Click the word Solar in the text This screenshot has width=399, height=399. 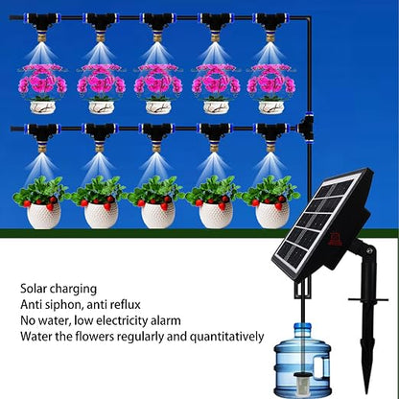point(34,289)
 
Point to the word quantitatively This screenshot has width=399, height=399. point(227,337)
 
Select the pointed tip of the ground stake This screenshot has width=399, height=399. point(366,391)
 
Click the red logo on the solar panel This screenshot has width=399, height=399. point(337,239)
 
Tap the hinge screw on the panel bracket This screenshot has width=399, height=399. point(369,251)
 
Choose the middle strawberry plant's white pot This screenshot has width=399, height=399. point(158,215)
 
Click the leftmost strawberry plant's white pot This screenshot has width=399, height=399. point(43,215)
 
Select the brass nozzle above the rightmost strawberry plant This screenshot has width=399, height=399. point(270,148)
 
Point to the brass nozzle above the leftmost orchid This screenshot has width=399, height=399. point(42,37)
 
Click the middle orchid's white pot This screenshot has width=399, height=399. point(158,107)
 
